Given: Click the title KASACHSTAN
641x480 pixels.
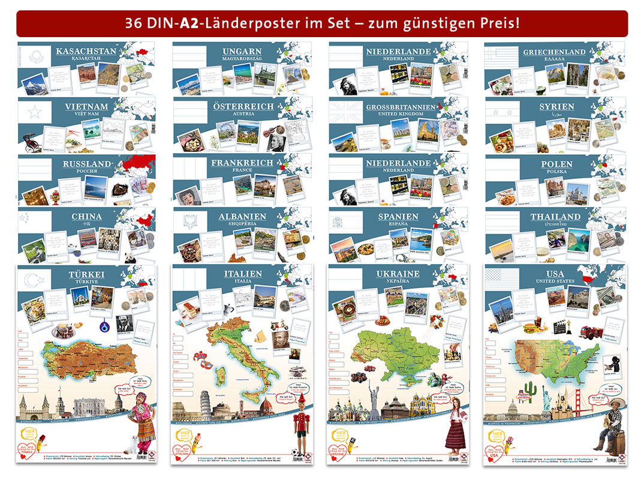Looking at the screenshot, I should point(86,51).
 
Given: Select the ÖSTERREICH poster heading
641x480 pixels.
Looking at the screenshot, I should point(242,106).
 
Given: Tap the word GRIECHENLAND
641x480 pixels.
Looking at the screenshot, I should point(554,52).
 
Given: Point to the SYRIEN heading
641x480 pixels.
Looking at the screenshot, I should point(556,106).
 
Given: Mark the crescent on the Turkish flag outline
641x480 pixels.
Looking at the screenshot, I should point(31,279).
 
